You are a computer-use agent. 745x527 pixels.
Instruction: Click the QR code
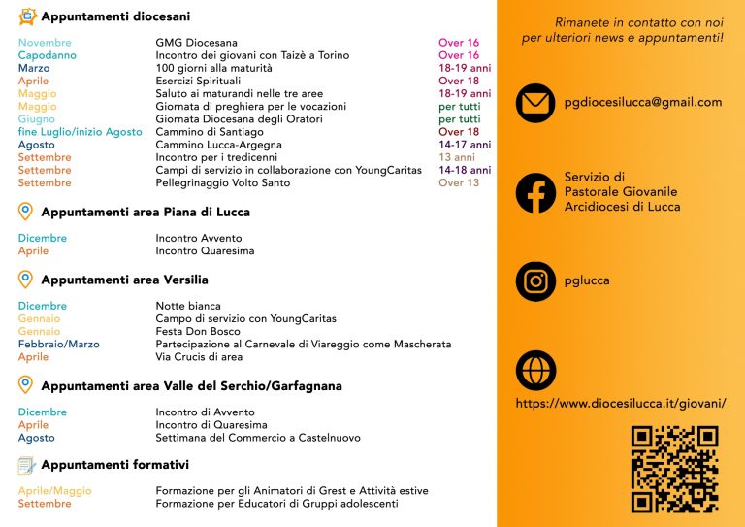coord(674,469)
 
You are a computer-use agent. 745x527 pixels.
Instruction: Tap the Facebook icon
coord(535,192)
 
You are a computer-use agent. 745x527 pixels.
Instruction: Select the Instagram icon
coord(535,281)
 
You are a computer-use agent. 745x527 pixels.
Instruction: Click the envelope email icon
coord(535,103)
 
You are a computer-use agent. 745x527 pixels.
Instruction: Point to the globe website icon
coord(535,370)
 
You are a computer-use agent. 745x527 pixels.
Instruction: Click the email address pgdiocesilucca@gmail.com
coord(642,102)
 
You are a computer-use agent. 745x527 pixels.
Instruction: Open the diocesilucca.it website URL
coord(621,403)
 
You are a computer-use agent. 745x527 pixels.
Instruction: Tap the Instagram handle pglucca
coord(587,281)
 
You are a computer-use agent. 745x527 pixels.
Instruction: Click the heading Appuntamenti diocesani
coord(115,16)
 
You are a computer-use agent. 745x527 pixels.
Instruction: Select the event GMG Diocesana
coord(196,43)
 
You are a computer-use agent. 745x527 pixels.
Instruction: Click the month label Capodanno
coord(47,55)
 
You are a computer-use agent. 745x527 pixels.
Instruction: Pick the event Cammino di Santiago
coord(210,132)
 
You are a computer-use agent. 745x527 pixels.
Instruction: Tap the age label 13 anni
coord(457,157)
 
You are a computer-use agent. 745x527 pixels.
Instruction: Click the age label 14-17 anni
coord(465,145)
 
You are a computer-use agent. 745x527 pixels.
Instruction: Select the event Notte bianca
coord(188,306)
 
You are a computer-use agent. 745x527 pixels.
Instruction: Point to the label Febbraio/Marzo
coord(58,344)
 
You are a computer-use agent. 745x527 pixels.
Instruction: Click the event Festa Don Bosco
coord(198,331)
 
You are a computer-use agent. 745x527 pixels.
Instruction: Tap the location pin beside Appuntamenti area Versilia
coord(26,280)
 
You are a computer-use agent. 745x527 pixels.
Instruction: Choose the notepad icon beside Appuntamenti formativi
coord(26,465)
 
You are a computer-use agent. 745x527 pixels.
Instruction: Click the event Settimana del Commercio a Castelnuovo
coord(258,438)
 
